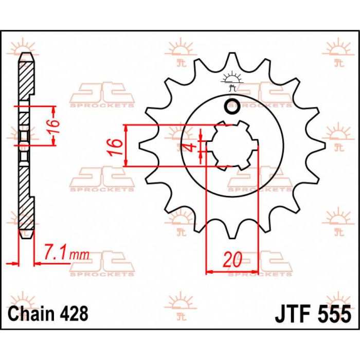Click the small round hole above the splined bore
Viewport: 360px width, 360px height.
tap(231, 106)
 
